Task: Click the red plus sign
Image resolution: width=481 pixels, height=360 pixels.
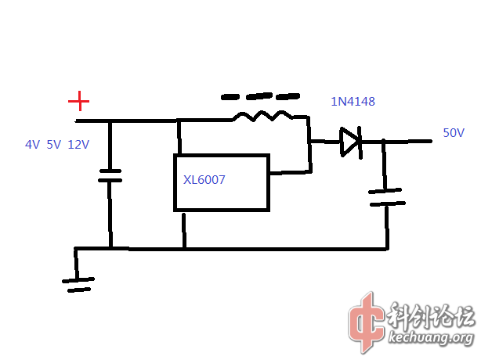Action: pos(78,101)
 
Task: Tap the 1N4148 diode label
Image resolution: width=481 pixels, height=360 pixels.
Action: pos(353,102)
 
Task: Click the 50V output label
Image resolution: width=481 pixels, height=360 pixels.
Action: pos(454,133)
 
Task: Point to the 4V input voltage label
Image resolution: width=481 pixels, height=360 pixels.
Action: pos(32,145)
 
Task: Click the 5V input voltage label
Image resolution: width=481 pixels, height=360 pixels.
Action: pos(53,145)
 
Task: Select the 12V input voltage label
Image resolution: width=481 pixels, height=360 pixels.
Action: pos(78,145)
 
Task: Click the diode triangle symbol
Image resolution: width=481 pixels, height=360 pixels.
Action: pos(349,142)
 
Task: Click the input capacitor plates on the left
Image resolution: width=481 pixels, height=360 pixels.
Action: pos(110,175)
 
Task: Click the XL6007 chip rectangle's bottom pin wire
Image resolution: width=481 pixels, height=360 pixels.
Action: pos(184,230)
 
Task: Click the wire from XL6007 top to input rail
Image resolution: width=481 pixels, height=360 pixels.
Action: pos(179,137)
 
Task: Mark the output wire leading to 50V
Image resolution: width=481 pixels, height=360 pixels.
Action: pos(407,142)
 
